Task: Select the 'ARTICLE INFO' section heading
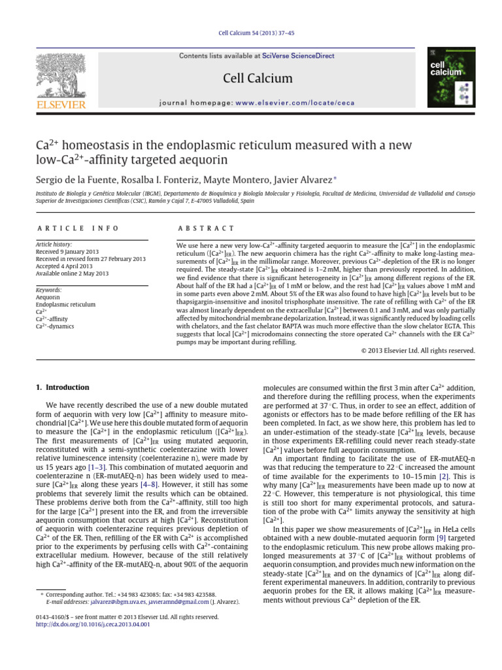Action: tap(78, 228)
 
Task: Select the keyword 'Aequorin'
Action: tap(47, 297)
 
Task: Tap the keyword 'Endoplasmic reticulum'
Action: tap(64, 305)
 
